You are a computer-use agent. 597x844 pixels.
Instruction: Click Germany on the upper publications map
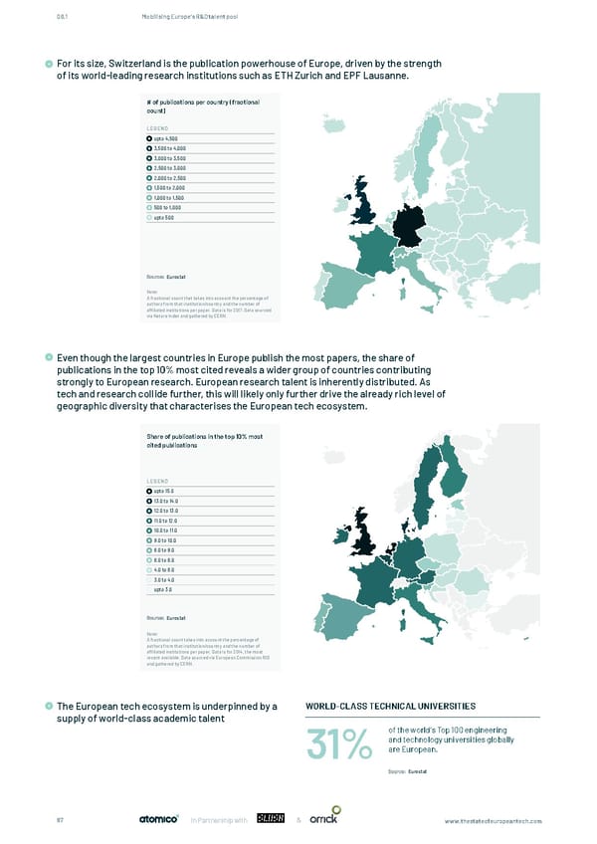click(409, 220)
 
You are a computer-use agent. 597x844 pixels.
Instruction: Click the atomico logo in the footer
click(157, 820)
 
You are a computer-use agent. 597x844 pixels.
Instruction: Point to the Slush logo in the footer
click(272, 820)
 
